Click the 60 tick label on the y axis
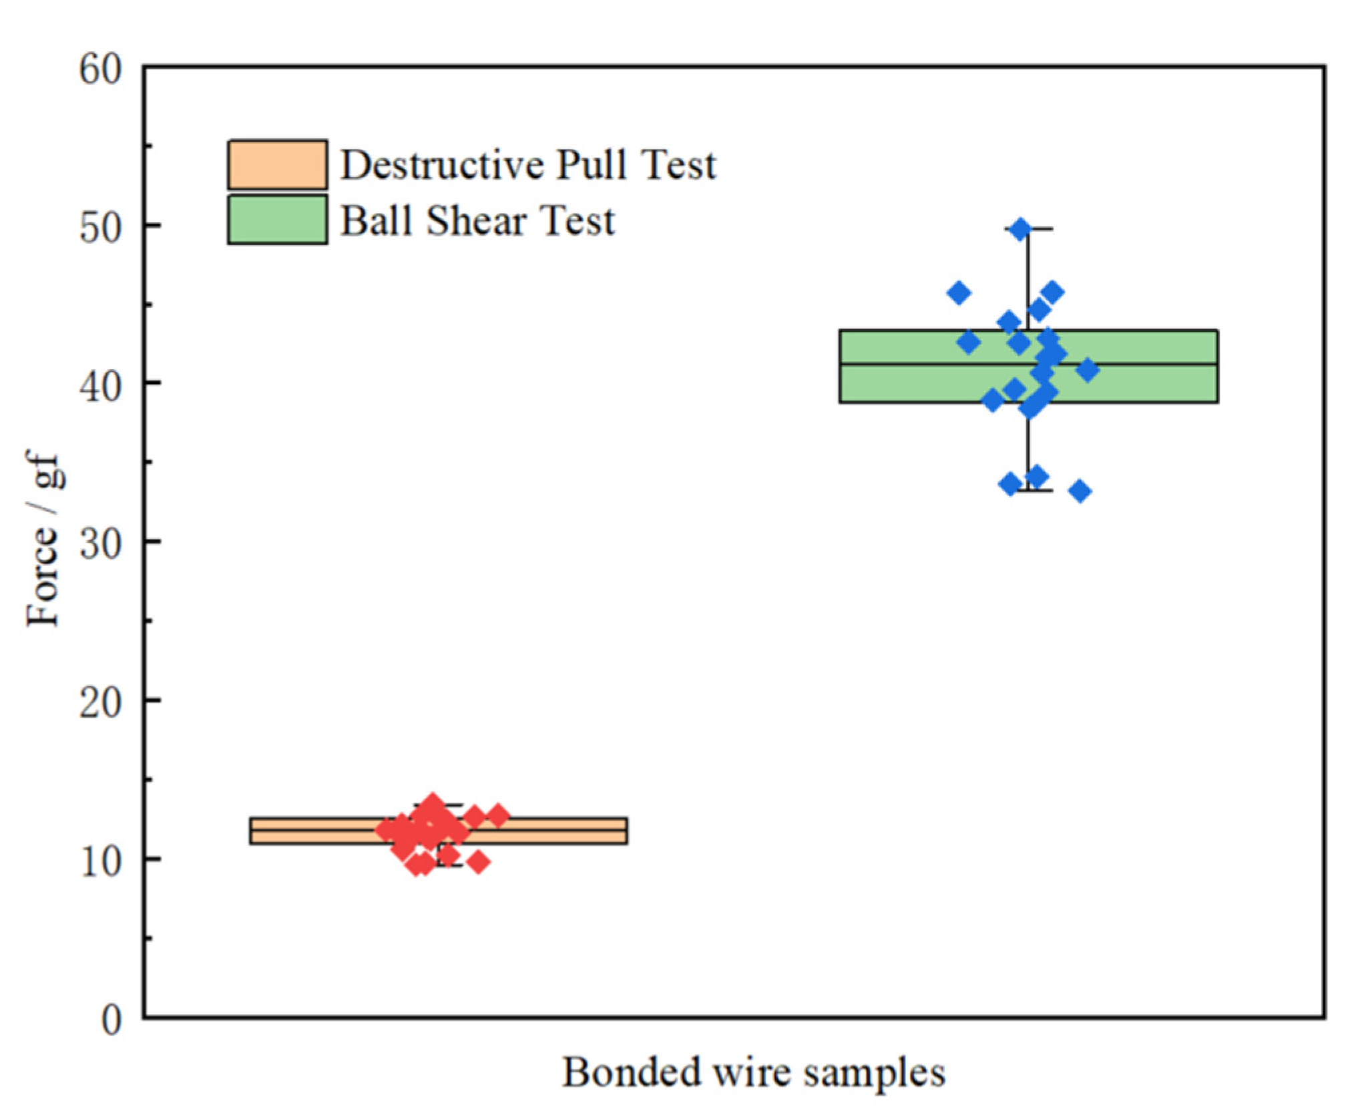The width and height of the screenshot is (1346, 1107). click(100, 69)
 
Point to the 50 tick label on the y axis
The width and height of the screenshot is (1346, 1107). click(100, 227)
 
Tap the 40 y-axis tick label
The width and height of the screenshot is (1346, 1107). click(100, 385)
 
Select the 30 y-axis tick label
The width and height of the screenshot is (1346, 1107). click(100, 543)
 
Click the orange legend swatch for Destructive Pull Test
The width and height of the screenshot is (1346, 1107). click(277, 164)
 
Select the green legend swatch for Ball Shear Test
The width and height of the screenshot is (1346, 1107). click(277, 220)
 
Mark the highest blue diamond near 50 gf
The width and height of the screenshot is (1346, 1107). click(1020, 229)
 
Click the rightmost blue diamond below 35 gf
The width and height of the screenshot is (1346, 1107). click(1080, 491)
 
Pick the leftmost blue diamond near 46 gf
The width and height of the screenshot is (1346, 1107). click(959, 292)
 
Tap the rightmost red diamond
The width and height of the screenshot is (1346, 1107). click(498, 815)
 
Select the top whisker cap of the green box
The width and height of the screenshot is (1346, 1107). click(1029, 229)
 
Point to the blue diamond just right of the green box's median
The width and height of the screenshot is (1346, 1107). click(1088, 370)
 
